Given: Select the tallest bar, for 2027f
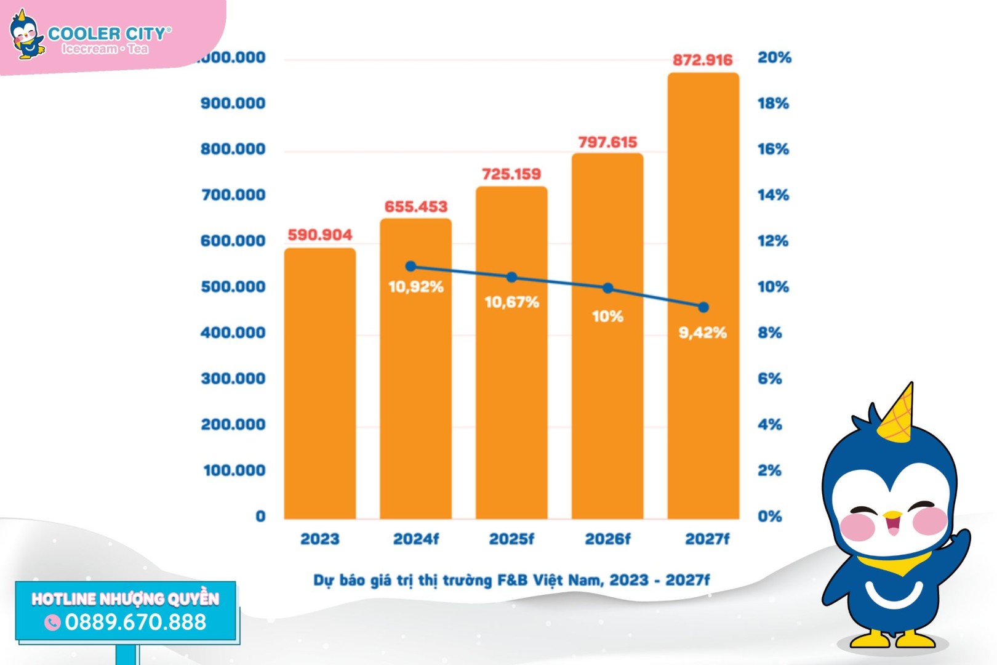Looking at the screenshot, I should point(703,296).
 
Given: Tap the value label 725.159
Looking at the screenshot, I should point(511,174).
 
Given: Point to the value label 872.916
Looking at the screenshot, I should point(702,60).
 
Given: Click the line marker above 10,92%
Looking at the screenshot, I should point(411,267).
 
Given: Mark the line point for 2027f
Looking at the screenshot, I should point(703,307).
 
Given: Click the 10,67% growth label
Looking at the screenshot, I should point(511,302).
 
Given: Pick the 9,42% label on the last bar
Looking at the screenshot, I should point(702,333).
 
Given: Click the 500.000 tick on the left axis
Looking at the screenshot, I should point(233,287).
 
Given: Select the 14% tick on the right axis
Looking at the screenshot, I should point(773,195).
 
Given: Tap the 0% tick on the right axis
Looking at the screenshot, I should point(769,516).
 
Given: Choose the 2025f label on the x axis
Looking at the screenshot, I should point(511,539).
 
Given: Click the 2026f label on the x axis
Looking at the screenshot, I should point(607,539).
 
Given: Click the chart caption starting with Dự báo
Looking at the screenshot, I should point(511,580).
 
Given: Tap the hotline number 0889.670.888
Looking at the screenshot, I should point(135,622).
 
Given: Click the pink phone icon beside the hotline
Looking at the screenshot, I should point(53,623).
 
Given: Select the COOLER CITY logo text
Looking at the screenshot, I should point(108,34).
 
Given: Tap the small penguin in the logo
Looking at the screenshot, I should point(26,36).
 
